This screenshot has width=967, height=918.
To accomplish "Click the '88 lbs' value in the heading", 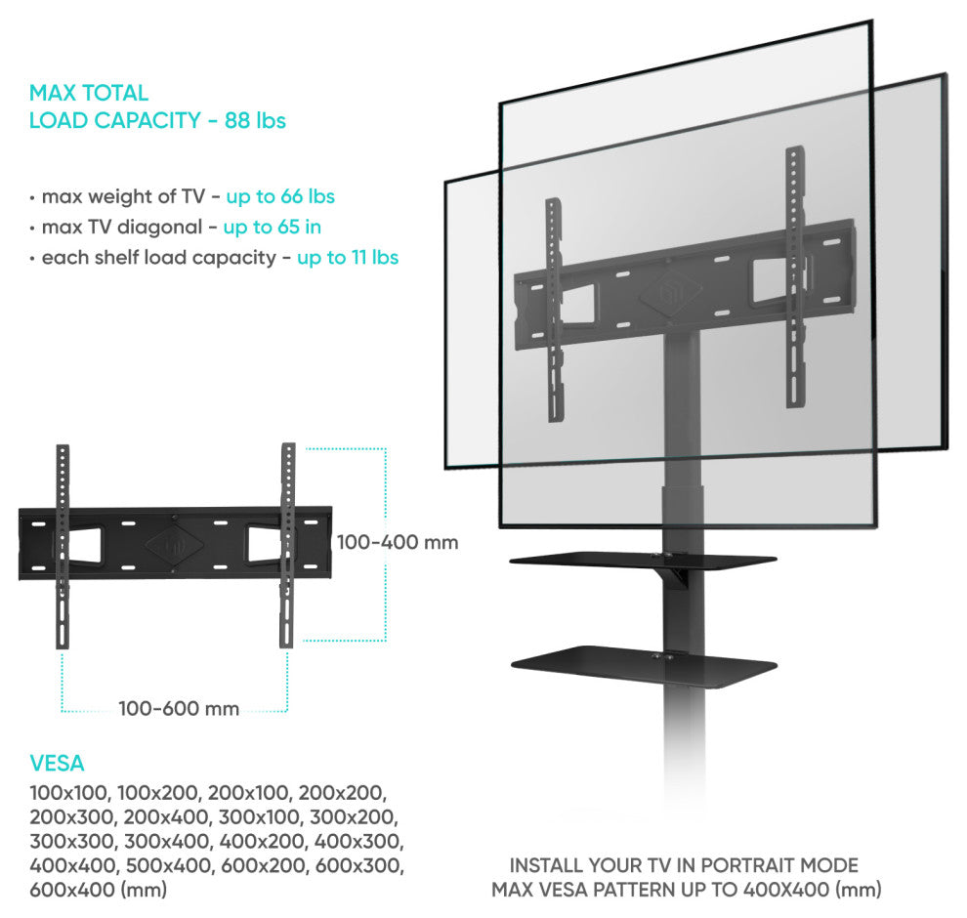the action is (255, 120).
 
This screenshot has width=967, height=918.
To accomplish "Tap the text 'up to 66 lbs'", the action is (280, 196).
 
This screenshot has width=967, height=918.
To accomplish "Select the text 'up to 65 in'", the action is (272, 228).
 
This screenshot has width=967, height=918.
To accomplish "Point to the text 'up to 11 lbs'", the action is (348, 258).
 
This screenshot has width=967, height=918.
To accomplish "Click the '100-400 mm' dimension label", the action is (398, 543).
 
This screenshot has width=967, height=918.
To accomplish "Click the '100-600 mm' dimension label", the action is (179, 708).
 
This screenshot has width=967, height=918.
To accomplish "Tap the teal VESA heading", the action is (57, 764).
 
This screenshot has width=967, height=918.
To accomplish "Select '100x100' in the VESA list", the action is (69, 793).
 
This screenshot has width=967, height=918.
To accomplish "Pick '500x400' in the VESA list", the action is (168, 865).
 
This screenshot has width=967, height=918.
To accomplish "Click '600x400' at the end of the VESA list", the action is (72, 890).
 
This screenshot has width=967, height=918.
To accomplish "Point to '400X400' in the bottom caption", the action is (785, 890).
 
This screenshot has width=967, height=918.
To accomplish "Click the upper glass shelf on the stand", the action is (643, 561).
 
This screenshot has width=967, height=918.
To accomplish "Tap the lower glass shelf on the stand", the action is (644, 664).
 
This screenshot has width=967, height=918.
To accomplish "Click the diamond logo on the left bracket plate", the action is (176, 544).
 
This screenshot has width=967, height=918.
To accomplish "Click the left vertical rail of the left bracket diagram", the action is (63, 546).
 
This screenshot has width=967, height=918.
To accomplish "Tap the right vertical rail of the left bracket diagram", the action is (287, 545).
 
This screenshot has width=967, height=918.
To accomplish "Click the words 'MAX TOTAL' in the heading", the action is (89, 93).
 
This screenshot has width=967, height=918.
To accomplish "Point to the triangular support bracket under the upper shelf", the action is (673, 578).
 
